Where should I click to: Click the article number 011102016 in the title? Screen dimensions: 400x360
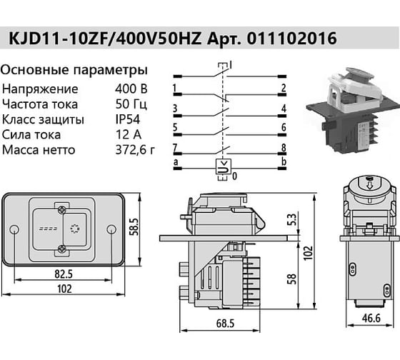tap(292, 39)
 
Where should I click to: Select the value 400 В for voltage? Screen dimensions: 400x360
tap(131, 89)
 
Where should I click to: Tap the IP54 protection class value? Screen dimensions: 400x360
tap(128, 119)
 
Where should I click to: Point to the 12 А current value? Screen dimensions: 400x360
tap(129, 134)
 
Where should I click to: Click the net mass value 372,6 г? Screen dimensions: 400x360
tap(135, 150)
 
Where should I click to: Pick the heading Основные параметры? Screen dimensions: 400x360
tap(74, 70)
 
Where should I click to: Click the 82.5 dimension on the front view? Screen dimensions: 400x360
tap(64, 274)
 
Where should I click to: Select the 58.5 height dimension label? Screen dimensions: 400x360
tap(134, 227)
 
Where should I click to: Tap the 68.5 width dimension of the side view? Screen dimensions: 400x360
tap(225, 324)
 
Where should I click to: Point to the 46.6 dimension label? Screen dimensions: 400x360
tap(371, 318)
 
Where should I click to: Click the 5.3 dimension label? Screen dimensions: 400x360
tap(293, 219)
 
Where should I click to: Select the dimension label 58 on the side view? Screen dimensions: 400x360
tap(292, 279)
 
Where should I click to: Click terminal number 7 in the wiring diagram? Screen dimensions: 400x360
tap(175, 148)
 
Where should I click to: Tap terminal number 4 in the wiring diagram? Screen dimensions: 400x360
tap(284, 109)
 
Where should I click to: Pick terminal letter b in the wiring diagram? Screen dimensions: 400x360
tap(284, 161)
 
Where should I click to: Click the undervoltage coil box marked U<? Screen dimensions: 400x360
tap(224, 166)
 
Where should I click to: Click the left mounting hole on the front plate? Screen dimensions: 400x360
tap(14, 229)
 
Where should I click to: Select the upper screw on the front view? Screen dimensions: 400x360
tap(62, 210)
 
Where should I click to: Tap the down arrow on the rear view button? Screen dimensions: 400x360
tap(369, 186)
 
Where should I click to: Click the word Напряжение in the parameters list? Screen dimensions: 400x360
tap(40, 89)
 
